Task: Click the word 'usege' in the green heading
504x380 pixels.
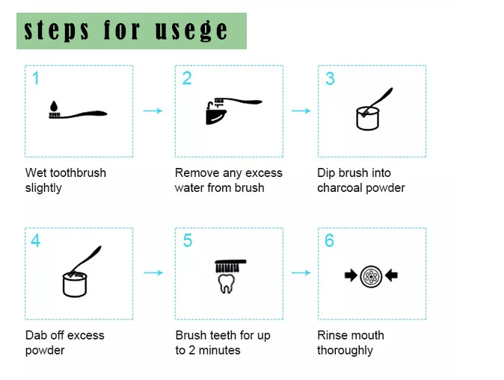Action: [x=191, y=31]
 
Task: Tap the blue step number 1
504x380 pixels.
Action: [x=36, y=78]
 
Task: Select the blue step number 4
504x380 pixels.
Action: [x=35, y=240]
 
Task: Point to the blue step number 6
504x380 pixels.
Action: [x=329, y=240]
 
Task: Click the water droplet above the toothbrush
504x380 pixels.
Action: [x=54, y=105]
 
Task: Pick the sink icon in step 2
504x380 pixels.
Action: [x=215, y=114]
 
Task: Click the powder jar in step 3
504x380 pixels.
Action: [x=368, y=119]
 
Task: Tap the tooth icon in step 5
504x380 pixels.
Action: [x=227, y=284]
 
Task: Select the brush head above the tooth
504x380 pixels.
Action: [x=230, y=266]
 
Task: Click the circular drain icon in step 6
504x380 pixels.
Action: [x=371, y=276]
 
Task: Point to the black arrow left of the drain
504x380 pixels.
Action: [x=351, y=275]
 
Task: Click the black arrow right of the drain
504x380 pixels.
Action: [x=392, y=275]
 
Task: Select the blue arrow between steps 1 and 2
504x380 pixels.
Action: [x=153, y=110]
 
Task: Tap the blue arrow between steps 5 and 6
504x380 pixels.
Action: [x=301, y=272]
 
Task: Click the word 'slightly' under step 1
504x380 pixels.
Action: [x=43, y=188]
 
